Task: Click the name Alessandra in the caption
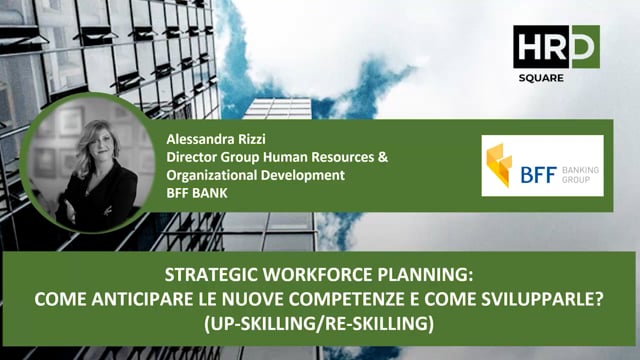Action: pos(197,142)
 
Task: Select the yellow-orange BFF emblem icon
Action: pos(499,165)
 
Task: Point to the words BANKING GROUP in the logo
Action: pos(581,176)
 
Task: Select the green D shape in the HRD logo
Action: pos(586,46)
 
